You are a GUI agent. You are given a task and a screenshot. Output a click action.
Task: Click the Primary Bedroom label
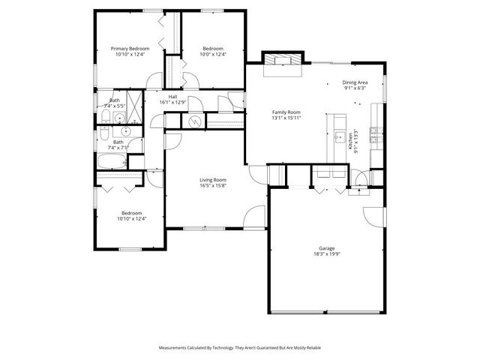(133, 49)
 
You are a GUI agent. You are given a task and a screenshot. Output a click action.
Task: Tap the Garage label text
(326, 248)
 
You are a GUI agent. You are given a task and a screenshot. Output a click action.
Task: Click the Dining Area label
(355, 82)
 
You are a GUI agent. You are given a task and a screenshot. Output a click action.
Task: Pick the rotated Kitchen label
(349, 142)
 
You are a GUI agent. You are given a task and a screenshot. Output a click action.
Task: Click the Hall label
(172, 97)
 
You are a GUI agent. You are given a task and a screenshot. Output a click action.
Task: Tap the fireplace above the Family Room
(283, 59)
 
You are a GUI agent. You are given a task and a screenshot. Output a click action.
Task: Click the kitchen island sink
(337, 138)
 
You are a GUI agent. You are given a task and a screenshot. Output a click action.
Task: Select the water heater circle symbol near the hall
(194, 121)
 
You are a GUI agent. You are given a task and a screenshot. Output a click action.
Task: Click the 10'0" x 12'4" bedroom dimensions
(212, 54)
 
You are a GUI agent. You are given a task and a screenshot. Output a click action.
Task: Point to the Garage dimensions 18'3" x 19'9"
(326, 253)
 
